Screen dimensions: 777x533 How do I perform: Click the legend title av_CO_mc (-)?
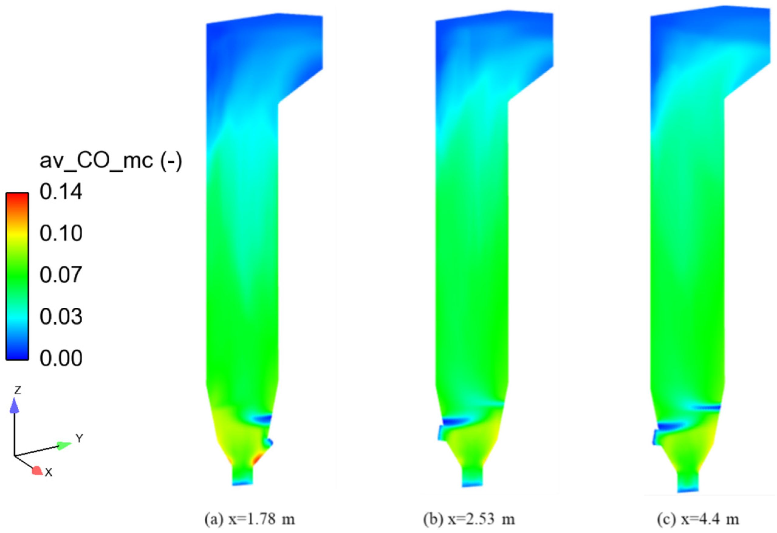(x=111, y=161)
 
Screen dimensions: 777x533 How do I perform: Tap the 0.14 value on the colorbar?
(x=61, y=192)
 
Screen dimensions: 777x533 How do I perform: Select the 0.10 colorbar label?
(x=61, y=233)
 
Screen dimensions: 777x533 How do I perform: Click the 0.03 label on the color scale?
(x=61, y=317)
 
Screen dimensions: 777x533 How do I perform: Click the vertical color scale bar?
(x=17, y=276)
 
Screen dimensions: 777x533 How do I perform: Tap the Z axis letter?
(x=17, y=390)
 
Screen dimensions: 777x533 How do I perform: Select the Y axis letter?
(x=79, y=438)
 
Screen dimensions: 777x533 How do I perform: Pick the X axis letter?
(x=49, y=473)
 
